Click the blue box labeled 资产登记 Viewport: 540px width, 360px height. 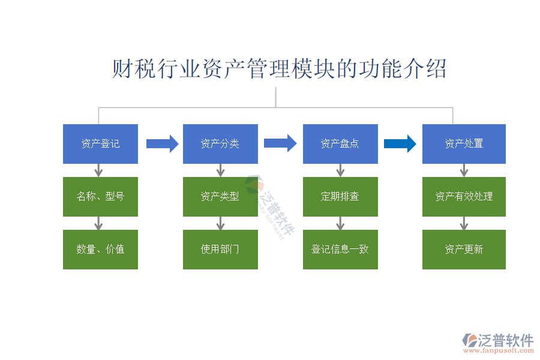point(100,144)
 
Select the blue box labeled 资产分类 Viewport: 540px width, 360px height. point(220,144)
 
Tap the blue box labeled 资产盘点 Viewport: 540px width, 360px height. point(340,144)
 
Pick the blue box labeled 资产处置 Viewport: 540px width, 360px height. point(464,144)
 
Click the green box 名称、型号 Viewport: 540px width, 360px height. point(100,197)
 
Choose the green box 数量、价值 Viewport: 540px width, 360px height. point(100,250)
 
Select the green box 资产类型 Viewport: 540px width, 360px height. point(220,197)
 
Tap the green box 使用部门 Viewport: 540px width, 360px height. point(220,250)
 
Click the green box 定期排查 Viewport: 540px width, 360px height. point(340,197)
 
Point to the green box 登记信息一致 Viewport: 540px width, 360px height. point(340,250)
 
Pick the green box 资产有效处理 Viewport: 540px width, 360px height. point(464,197)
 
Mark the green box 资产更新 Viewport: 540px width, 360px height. point(464,250)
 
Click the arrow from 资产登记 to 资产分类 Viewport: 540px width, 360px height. point(162,143)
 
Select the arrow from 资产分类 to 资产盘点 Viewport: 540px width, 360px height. point(280,143)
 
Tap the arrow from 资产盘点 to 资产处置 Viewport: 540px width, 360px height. point(400,143)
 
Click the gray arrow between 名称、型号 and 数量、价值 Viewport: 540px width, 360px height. point(99,223)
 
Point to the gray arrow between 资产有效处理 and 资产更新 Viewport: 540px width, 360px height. point(464,223)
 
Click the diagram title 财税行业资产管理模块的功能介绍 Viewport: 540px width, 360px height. point(280,69)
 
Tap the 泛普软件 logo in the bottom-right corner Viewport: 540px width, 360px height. point(497,343)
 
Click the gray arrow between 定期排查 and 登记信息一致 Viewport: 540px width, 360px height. point(340,223)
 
